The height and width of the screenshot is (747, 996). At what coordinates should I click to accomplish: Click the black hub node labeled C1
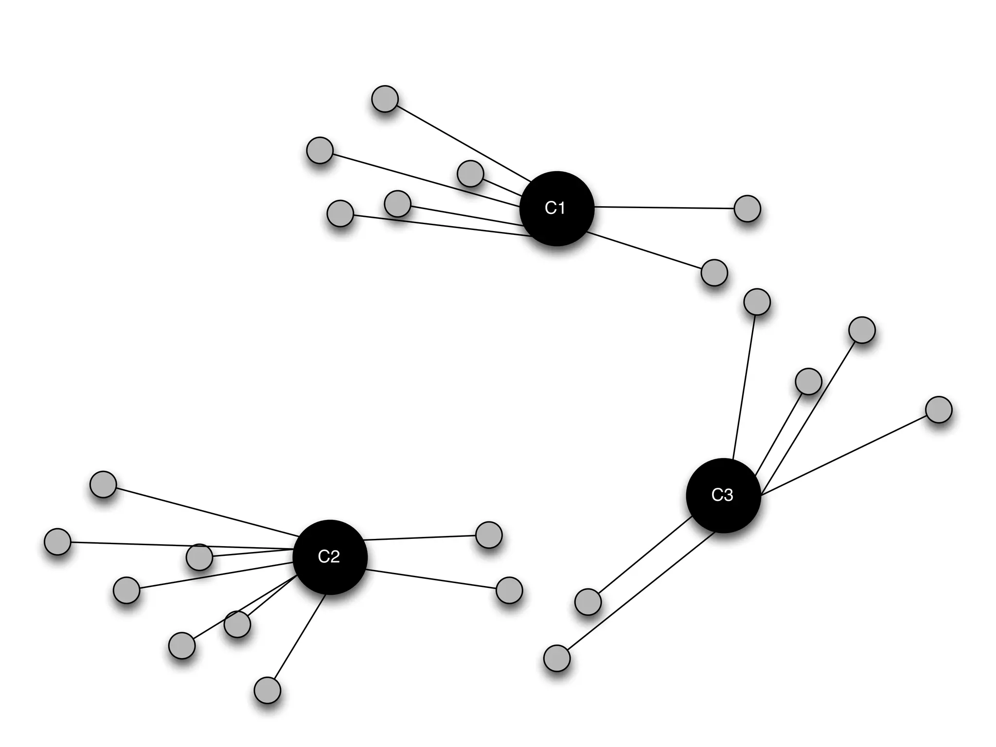click(556, 208)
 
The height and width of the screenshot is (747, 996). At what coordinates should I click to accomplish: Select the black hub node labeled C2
click(330, 557)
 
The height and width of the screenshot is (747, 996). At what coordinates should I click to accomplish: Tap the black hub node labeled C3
click(723, 495)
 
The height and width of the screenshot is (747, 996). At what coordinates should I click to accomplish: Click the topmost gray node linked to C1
click(385, 99)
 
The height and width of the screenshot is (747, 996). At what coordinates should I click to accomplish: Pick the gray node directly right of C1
click(747, 209)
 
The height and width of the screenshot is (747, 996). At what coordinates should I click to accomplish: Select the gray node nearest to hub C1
click(470, 173)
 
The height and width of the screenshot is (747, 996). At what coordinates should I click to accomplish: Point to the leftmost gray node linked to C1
click(320, 150)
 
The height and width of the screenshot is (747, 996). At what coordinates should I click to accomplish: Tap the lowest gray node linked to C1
click(714, 272)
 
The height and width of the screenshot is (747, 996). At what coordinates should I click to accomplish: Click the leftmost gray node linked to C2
click(57, 541)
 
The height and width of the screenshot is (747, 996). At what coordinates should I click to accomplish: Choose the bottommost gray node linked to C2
click(267, 690)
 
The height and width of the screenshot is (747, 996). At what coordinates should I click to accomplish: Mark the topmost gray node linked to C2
click(103, 484)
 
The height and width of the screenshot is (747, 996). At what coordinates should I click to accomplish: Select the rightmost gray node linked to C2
click(509, 590)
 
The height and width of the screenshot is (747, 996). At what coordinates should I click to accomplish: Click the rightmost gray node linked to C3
click(939, 409)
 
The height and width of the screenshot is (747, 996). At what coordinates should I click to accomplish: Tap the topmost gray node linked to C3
click(757, 302)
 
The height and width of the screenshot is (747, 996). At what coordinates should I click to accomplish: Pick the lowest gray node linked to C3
click(556, 658)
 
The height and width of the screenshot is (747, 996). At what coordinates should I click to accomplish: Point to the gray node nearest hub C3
click(808, 381)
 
